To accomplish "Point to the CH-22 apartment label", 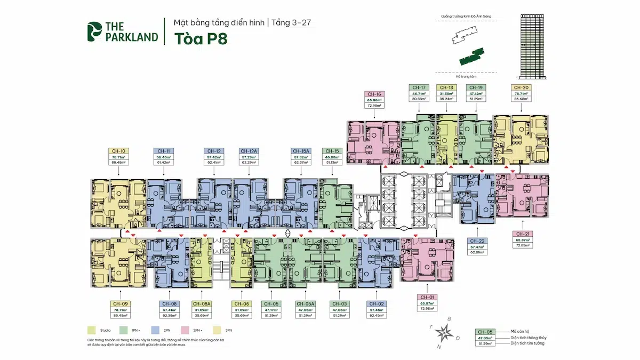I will coord(477,241).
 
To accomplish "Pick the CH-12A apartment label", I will coord(249,151).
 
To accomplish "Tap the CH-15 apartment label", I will coord(332,151).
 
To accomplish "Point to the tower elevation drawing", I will coord(537,47).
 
